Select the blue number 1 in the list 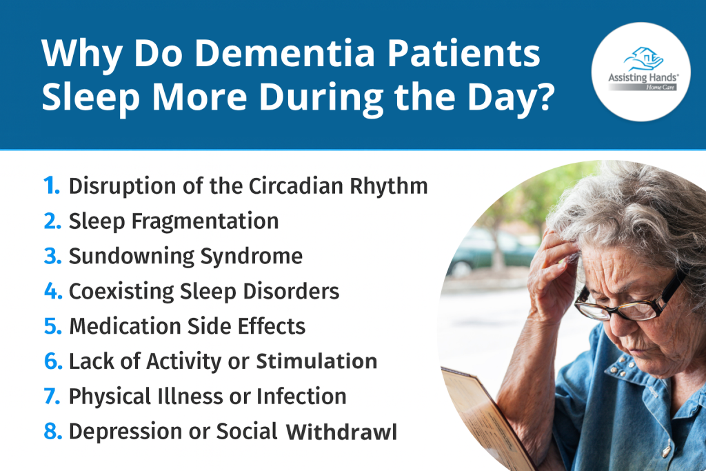point(51,186)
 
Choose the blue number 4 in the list point(52,291)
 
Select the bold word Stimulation point(317,361)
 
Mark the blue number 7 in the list point(52,397)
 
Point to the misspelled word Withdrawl point(341,432)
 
